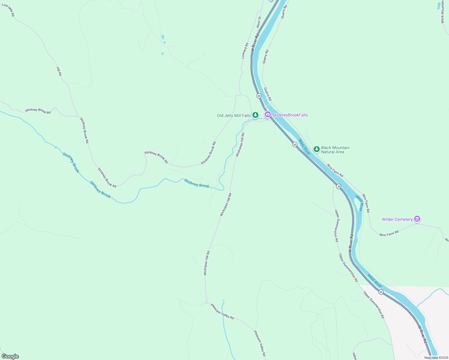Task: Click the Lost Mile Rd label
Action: (x=8, y=10)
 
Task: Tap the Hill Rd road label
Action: (x=59, y=71)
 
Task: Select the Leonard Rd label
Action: (x=245, y=50)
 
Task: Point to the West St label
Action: (x=258, y=22)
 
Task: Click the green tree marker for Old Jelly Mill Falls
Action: (x=255, y=115)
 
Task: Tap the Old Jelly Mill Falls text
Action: (x=234, y=115)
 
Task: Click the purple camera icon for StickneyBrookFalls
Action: (x=267, y=115)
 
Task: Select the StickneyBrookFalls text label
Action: (x=290, y=115)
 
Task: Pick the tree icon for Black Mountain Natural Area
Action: (x=316, y=149)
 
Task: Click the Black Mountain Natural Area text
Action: (x=335, y=150)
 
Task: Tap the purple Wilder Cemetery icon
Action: (x=417, y=219)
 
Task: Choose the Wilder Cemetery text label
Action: (x=397, y=219)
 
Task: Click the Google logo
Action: (x=10, y=356)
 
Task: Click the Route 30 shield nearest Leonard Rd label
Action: (x=259, y=96)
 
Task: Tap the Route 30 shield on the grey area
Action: (x=381, y=292)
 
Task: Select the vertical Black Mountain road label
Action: (x=442, y=12)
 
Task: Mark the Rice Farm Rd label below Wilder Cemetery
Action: (x=389, y=233)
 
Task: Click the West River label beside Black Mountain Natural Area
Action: (x=304, y=147)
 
